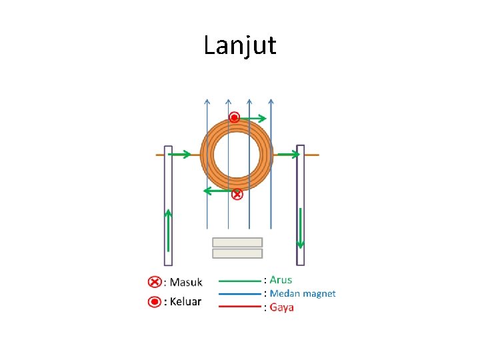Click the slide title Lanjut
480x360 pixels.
(x=239, y=45)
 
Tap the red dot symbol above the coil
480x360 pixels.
(x=234, y=118)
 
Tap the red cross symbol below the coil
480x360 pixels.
(x=237, y=195)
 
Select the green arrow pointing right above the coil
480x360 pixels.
(x=253, y=119)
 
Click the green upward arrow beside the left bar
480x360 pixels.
(x=169, y=231)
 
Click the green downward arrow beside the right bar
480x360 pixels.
(x=301, y=227)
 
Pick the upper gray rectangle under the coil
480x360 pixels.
(x=237, y=242)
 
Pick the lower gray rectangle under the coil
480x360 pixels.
(x=237, y=253)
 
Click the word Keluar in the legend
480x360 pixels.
(x=185, y=301)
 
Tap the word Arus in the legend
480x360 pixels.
(x=281, y=280)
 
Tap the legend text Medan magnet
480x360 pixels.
(x=302, y=293)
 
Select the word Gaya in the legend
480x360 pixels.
(x=281, y=307)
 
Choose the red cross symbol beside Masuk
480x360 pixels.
(x=153, y=282)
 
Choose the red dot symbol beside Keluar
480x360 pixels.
(x=153, y=301)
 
